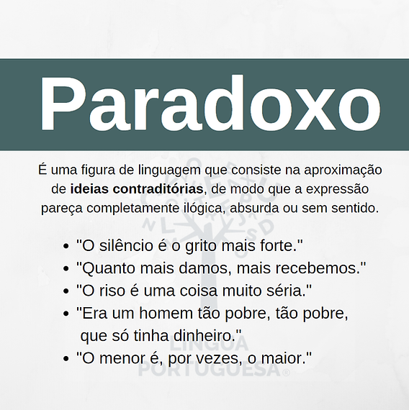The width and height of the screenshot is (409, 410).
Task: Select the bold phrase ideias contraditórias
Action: tap(137, 189)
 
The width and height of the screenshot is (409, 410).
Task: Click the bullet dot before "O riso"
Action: tap(66, 291)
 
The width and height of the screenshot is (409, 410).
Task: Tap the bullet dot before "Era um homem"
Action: tap(66, 314)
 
